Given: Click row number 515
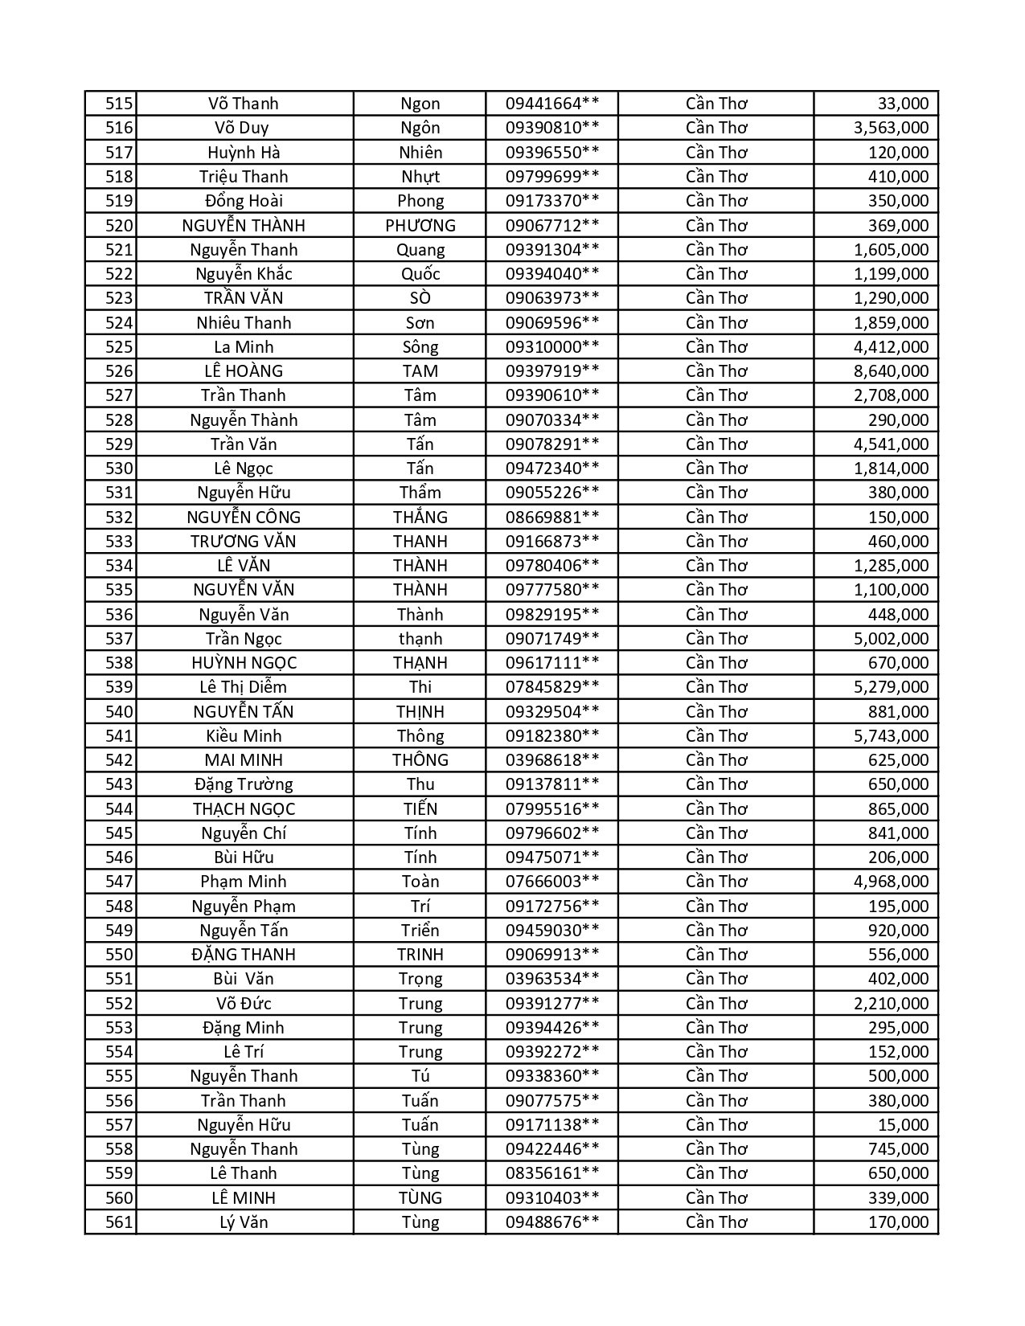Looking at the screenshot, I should [x=118, y=104].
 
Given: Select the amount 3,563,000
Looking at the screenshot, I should [x=891, y=128].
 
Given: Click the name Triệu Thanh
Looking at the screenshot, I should [x=244, y=177].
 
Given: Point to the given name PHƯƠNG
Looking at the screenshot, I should [x=420, y=226].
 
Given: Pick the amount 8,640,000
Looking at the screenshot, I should [x=891, y=371].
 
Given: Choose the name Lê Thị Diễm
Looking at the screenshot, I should [x=244, y=687].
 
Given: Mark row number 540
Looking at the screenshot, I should [x=118, y=712].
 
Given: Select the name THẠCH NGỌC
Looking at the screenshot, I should [x=244, y=809].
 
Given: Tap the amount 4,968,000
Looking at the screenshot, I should [x=891, y=882].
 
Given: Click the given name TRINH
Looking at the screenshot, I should [x=420, y=955].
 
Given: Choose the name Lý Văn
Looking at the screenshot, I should [x=244, y=1222].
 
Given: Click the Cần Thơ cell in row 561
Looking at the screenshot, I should [x=716, y=1222].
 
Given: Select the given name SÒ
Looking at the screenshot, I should [x=420, y=298].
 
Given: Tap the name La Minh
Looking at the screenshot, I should [x=244, y=347].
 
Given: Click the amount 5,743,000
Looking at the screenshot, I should [x=891, y=736].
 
